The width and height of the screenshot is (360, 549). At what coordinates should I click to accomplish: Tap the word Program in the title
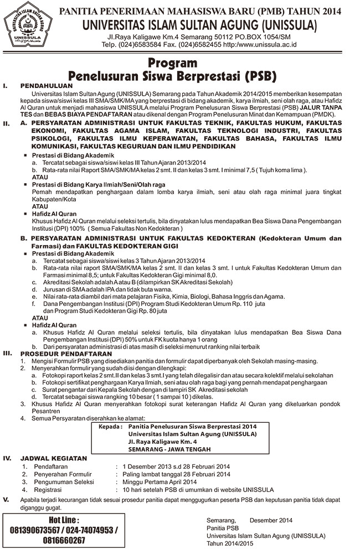click(x=179, y=63)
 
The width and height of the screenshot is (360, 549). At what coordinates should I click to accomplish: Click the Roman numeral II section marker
click(x=7, y=123)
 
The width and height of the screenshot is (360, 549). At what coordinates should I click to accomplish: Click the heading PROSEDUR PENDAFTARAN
click(x=66, y=353)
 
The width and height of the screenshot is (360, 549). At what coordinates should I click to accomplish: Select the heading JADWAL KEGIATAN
click(x=54, y=458)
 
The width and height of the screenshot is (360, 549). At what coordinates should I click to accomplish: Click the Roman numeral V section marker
click(x=6, y=500)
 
